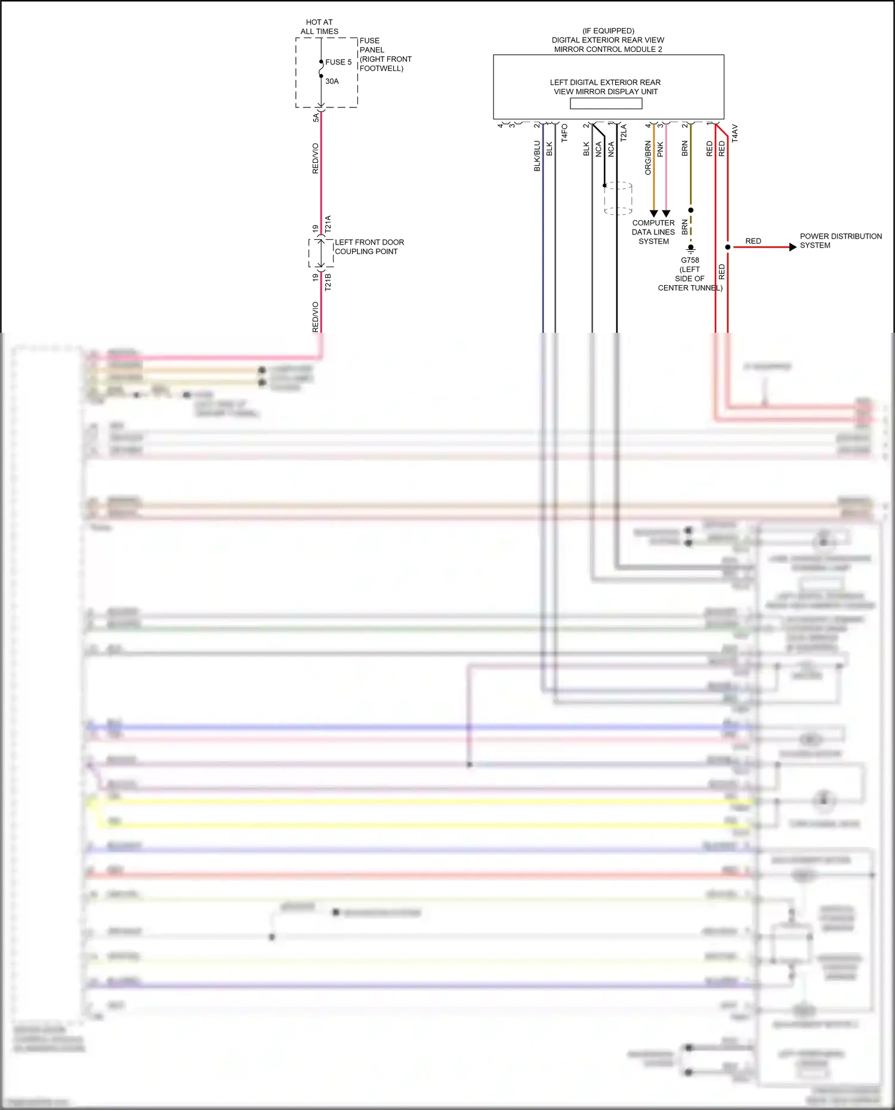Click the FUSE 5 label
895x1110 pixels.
click(338, 62)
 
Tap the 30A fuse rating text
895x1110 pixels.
click(332, 81)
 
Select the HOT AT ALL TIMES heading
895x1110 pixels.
click(319, 27)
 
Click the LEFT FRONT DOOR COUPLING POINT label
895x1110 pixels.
click(369, 247)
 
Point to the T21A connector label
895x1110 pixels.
click(328, 224)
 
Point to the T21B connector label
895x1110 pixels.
click(328, 282)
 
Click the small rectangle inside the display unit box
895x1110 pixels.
click(606, 103)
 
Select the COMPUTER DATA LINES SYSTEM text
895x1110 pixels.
click(653, 232)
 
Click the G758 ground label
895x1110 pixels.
click(690, 260)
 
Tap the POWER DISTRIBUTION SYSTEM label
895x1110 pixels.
click(840, 241)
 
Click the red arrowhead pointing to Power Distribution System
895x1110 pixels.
click(793, 247)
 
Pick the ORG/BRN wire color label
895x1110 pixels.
click(648, 158)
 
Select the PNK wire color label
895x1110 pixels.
click(661, 149)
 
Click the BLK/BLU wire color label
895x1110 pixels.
click(537, 156)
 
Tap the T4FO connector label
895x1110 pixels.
click(564, 132)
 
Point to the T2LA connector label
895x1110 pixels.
click(624, 132)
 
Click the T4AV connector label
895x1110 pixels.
click(735, 133)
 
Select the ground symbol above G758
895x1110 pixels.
click(691, 248)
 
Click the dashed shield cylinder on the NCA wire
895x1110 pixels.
click(618, 198)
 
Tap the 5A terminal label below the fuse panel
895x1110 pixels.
click(316, 118)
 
